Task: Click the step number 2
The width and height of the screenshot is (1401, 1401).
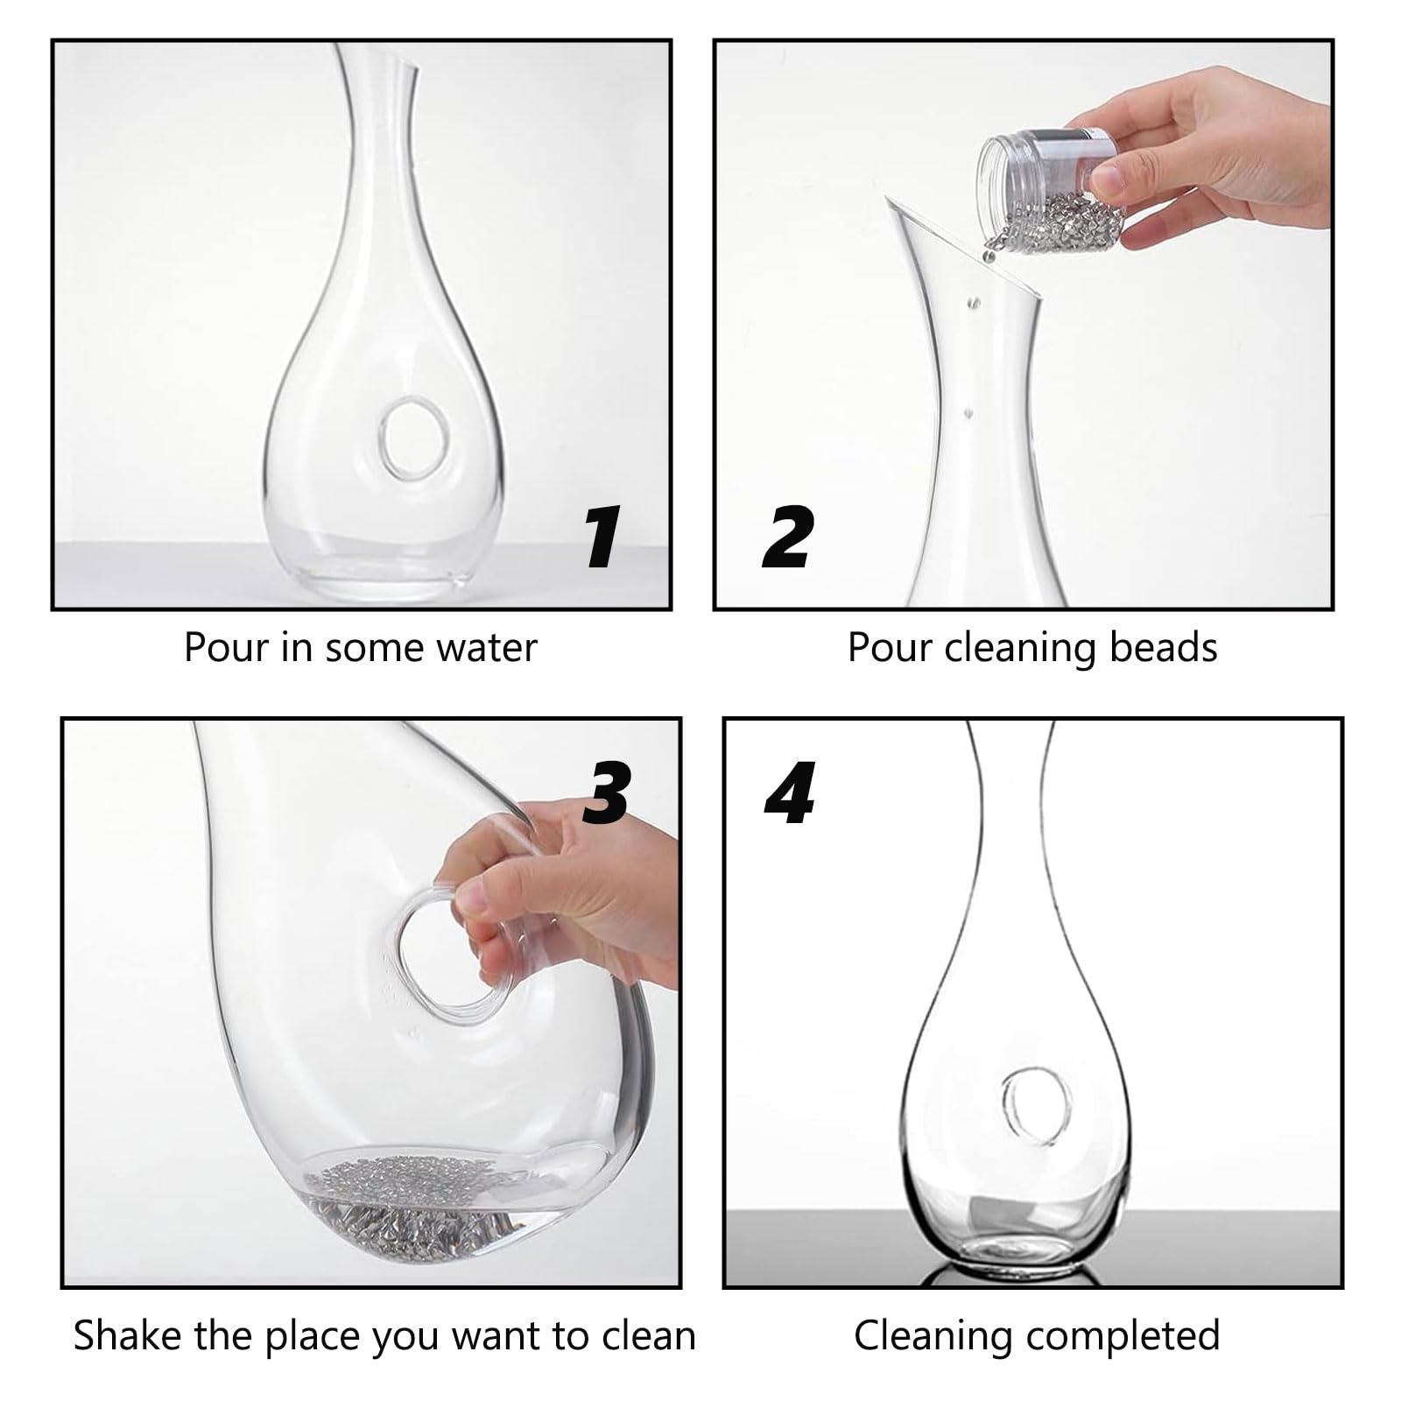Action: pyautogui.click(x=788, y=536)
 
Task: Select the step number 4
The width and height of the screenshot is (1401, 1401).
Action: pyautogui.click(x=790, y=792)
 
